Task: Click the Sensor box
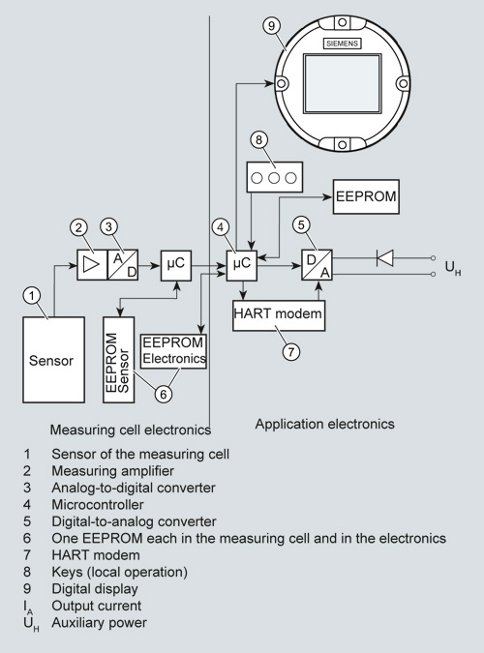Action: pos(54,360)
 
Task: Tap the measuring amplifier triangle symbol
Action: pos(91,265)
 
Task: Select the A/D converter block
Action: pos(123,265)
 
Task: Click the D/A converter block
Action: pos(318,265)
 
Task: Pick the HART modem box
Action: pos(279,315)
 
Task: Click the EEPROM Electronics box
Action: pos(174,351)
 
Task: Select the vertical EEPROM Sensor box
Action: pos(119,360)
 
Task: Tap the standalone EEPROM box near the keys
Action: pos(366,196)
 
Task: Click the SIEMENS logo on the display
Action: pos(343,44)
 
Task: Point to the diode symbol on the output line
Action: pos(384,257)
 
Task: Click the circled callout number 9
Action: pos(271,26)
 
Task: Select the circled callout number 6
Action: pos(164,394)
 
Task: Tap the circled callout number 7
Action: pos(291,352)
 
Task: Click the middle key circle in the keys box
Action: pos(274,178)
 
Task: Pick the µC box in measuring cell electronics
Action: pos(176,265)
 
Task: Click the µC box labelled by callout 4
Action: pos(242,265)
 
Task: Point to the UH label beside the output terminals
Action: pos(453,268)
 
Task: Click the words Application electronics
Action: pos(324,424)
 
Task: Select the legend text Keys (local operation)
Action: pos(120,572)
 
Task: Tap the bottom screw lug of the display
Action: pos(342,144)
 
